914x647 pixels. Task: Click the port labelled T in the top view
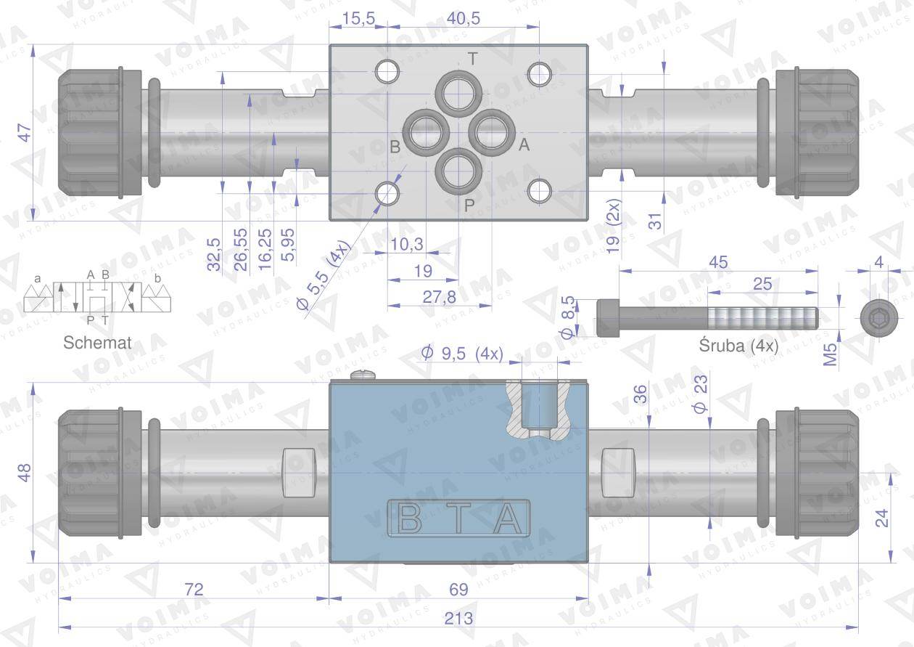pyautogui.click(x=459, y=94)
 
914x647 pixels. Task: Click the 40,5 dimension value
pyautogui.click(x=463, y=18)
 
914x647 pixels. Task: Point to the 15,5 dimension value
pyautogui.click(x=358, y=18)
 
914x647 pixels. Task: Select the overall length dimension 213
pyautogui.click(x=458, y=618)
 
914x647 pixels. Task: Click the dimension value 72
pyautogui.click(x=194, y=589)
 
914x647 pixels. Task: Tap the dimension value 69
pyautogui.click(x=458, y=589)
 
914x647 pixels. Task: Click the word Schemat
pyautogui.click(x=97, y=343)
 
